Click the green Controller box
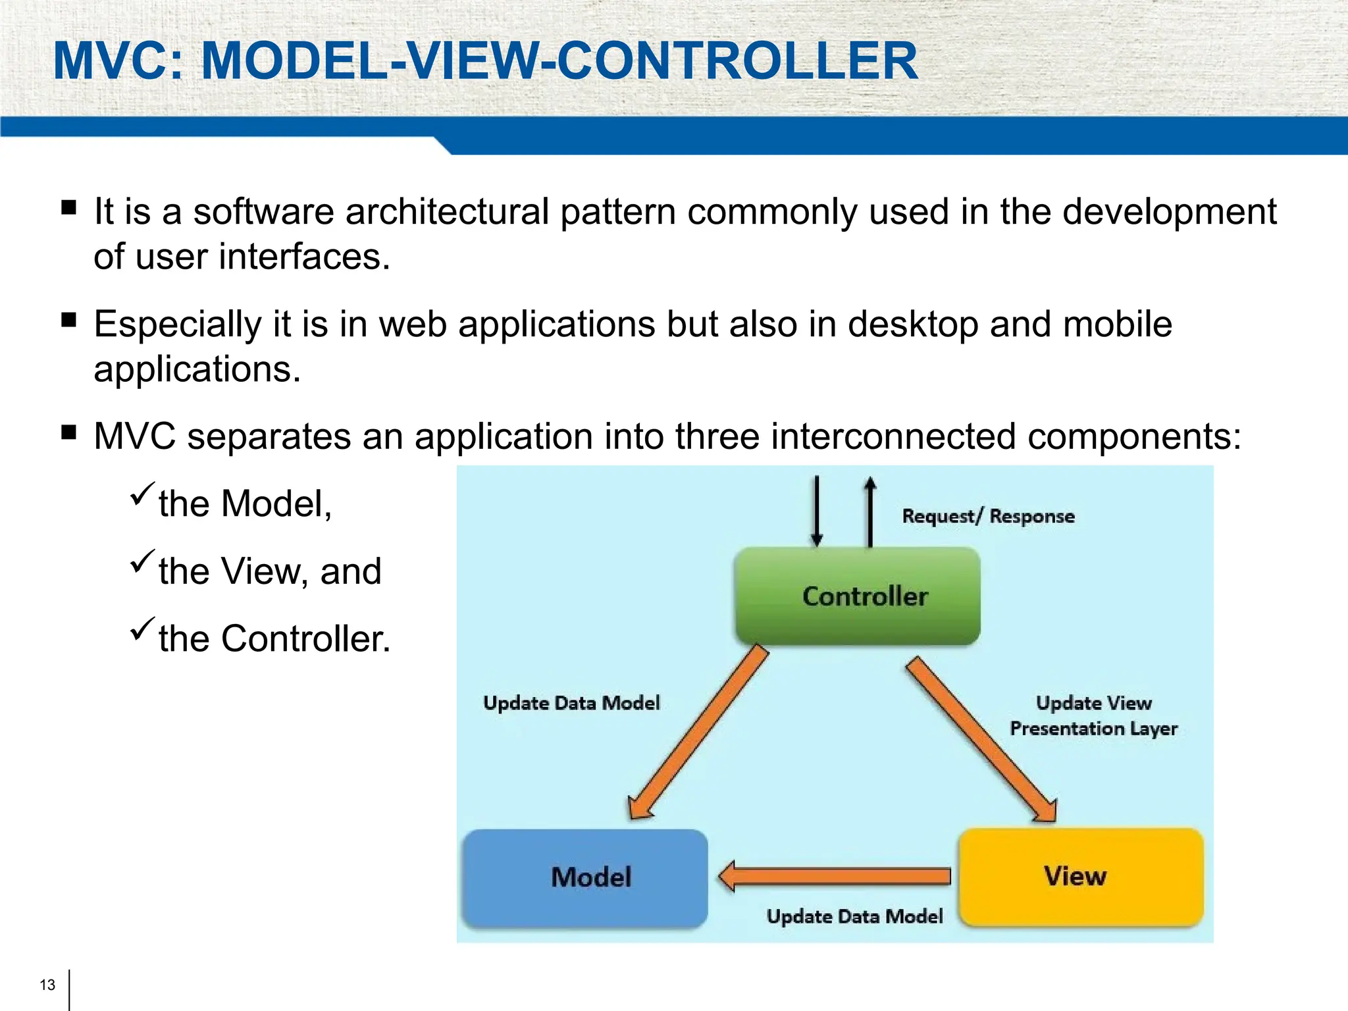coord(857,596)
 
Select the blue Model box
coord(585,877)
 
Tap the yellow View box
coord(1081,876)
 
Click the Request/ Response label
coord(988,516)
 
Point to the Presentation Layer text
coord(1093,729)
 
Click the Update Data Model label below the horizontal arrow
coord(854,916)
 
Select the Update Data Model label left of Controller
coord(571,703)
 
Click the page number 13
coord(47,985)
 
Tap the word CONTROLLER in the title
coord(737,61)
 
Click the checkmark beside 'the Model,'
coord(142,494)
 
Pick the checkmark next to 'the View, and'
coord(142,561)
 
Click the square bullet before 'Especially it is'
coord(68,321)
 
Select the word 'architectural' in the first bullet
coord(447,212)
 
